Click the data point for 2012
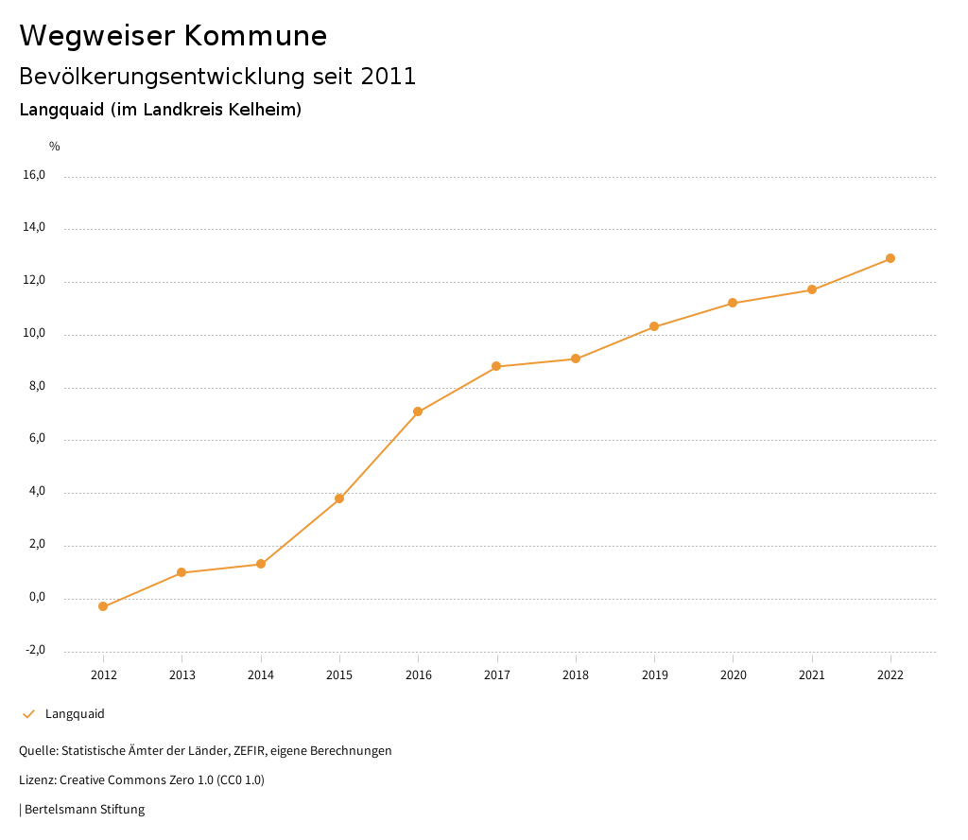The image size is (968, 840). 103,606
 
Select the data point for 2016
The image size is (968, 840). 418,411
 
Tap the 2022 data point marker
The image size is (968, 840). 890,258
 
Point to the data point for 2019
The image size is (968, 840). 654,326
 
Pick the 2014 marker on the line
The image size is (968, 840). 261,564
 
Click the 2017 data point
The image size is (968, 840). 496,366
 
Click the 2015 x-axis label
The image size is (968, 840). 339,675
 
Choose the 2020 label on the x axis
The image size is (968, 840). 733,675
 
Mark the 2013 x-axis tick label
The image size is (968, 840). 182,675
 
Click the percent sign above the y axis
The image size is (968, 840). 55,147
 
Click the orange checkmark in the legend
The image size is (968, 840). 28,714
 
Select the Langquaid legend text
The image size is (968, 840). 75,714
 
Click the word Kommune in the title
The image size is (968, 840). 255,36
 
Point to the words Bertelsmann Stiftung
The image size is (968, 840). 84,810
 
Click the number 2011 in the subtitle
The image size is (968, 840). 389,77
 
